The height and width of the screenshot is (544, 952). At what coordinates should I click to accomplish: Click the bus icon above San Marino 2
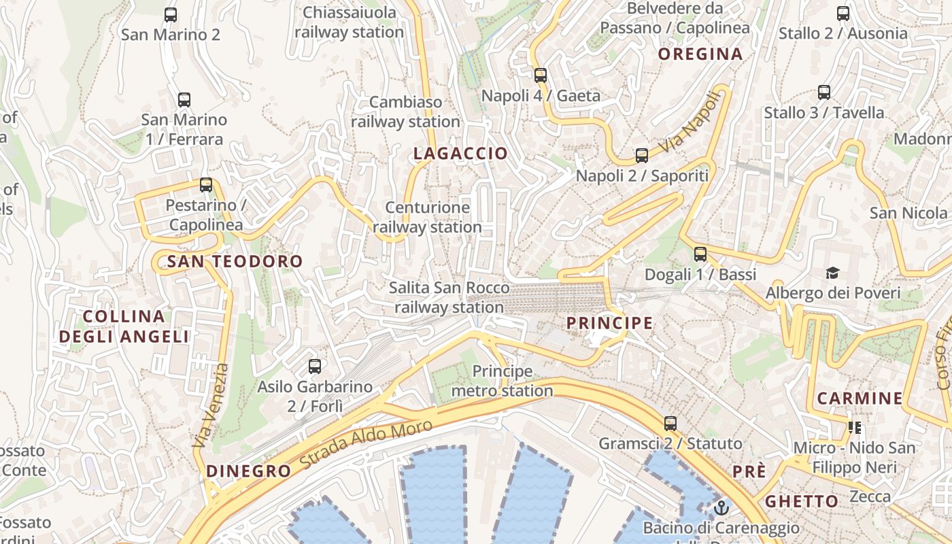[x=171, y=14]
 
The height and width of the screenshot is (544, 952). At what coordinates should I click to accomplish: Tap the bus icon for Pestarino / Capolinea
[x=206, y=184]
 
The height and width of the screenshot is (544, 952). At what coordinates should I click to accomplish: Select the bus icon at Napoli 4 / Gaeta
[x=541, y=75]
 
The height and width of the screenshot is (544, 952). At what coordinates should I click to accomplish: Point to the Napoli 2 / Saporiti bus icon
[x=642, y=156]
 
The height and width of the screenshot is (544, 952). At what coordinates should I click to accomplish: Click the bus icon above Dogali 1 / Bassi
[x=700, y=254]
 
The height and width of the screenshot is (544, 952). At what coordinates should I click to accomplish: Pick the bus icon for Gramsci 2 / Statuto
[x=670, y=424]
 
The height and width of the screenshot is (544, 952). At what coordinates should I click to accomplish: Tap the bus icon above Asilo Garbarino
[x=315, y=367]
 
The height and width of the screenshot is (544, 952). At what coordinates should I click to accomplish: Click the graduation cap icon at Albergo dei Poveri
[x=833, y=273]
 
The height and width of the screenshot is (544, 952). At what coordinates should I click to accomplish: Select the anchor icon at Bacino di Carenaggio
[x=721, y=507]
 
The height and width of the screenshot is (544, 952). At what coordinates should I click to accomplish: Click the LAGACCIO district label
[x=461, y=154]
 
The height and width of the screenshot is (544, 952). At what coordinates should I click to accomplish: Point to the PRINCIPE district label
[x=609, y=323]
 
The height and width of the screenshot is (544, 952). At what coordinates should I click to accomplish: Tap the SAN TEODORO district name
[x=235, y=261]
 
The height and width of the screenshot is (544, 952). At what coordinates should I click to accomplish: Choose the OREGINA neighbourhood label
[x=700, y=54]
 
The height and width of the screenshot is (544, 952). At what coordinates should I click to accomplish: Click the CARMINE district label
[x=860, y=398]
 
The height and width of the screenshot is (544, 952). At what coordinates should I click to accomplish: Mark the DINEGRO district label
[x=248, y=471]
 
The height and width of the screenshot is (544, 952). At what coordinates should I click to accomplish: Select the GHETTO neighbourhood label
[x=802, y=502]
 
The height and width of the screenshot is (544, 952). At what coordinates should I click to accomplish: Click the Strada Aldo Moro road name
[x=366, y=443]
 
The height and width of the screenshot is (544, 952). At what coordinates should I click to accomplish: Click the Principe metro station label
[x=503, y=381]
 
